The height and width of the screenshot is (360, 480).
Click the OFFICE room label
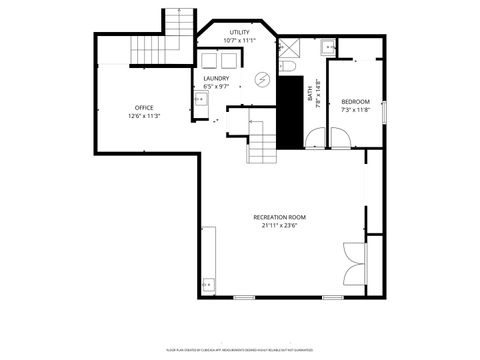(145, 107)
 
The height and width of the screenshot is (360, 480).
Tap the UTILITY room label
(240, 32)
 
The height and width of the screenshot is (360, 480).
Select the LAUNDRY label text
(216, 78)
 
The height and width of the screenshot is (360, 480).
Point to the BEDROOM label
(355, 101)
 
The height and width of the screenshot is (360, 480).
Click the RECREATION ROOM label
(279, 217)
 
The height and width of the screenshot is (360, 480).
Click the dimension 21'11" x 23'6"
(279, 225)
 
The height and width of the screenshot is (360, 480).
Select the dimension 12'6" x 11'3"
(145, 116)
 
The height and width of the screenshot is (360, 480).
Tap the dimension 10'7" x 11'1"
(240, 40)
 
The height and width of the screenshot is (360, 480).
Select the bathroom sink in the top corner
(328, 45)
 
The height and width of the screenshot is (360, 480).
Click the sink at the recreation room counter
(208, 283)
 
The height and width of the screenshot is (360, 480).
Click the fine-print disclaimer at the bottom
(239, 350)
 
